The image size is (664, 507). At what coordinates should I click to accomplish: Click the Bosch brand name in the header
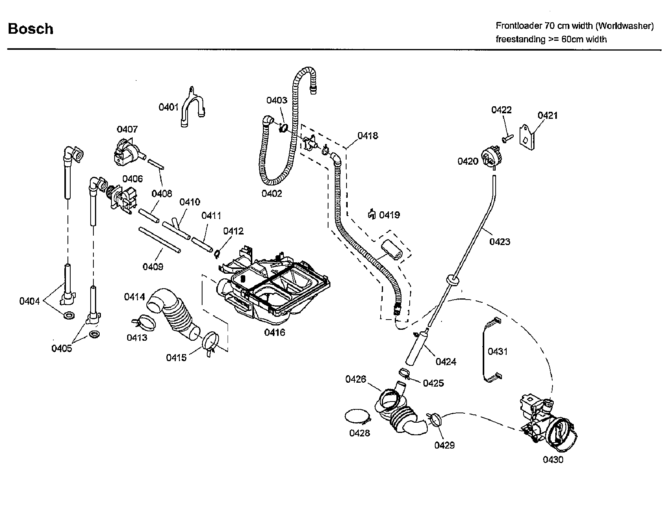tap(31, 29)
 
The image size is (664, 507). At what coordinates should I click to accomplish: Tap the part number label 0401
tap(168, 107)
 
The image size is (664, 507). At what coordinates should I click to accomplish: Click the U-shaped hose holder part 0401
tap(193, 107)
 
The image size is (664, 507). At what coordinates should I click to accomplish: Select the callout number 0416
tap(274, 333)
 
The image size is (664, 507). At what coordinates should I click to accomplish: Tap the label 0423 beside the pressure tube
tap(500, 242)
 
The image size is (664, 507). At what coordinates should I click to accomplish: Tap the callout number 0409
tap(153, 267)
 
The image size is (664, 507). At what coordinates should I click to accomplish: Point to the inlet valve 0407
tap(126, 154)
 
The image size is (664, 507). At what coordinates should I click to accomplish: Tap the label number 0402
tap(272, 194)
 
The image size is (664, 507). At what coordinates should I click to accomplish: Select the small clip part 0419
tap(372, 214)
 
